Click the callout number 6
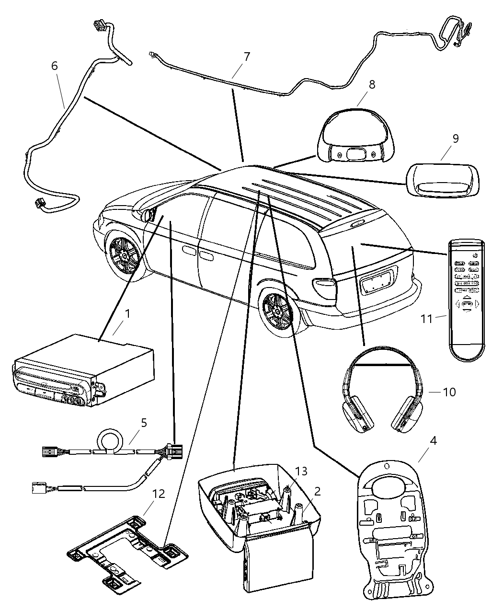click(x=55, y=66)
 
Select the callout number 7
click(x=246, y=57)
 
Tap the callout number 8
click(x=372, y=85)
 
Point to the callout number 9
click(x=455, y=139)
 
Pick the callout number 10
click(x=449, y=392)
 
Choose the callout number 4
click(x=433, y=440)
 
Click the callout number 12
click(x=159, y=494)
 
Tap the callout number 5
click(x=144, y=423)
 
